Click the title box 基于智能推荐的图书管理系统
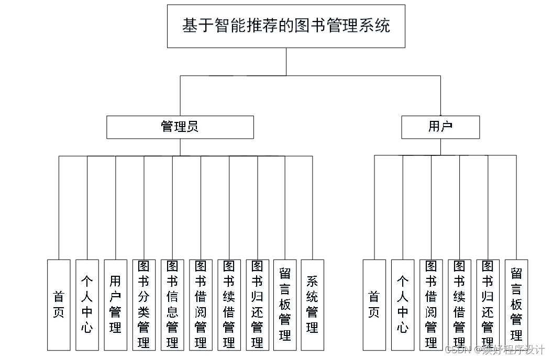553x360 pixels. point(286,26)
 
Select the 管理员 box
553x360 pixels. point(180,127)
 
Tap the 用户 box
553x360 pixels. point(440,127)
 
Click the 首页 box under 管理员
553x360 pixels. point(59,305)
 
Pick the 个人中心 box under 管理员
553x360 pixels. point(87,305)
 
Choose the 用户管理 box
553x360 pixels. point(115,305)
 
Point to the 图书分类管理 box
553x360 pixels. point(143,305)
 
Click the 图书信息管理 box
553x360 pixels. point(172,305)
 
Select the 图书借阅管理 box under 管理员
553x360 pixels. point(201,305)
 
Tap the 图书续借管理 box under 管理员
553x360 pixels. point(229,305)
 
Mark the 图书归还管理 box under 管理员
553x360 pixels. point(257,305)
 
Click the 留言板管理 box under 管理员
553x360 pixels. point(285,305)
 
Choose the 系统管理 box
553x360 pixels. point(312,305)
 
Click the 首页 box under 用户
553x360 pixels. point(374,305)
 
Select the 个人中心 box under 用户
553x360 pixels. point(403,305)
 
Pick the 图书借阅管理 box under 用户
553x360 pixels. point(431,305)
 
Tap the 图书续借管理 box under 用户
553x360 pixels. point(459,305)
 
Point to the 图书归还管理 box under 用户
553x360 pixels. point(488,305)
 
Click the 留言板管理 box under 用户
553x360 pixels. point(516,305)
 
